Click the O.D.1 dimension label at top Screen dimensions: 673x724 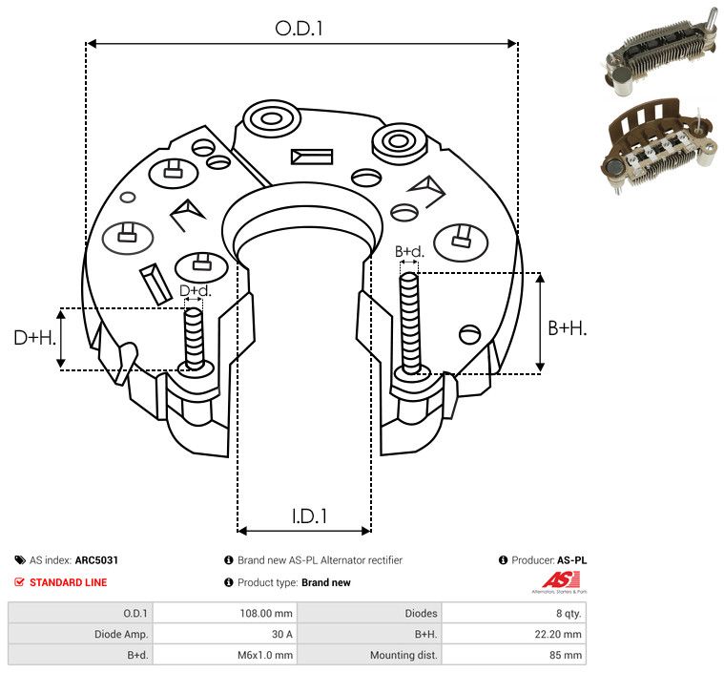pos(300,29)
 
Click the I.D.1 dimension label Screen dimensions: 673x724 pos(309,516)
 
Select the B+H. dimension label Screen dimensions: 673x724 pos(567,327)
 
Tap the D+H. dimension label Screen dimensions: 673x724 pos(35,338)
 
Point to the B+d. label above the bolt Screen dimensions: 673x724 pos(409,252)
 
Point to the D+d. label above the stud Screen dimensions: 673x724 pos(195,290)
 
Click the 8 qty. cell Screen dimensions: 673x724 pos(566,613)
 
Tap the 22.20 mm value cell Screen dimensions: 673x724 pos(559,634)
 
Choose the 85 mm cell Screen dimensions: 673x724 pos(568,655)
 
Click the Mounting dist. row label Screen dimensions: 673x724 pos(403,655)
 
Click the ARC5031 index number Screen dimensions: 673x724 pos(96,560)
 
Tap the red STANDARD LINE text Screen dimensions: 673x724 pos(68,582)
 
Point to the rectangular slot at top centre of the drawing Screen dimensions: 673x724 pos(310,156)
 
